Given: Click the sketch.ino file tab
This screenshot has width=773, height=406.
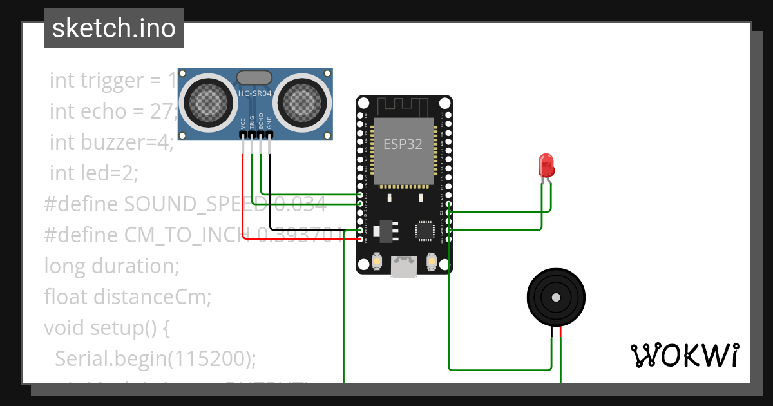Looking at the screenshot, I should pos(113,28).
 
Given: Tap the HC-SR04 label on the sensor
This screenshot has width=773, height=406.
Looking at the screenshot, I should pos(254,93).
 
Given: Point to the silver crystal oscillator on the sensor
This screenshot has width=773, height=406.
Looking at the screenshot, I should pos(254,78).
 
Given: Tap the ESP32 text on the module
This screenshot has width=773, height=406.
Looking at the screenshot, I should pos(403,144).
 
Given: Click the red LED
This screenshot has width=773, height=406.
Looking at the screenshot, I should pos(546,165).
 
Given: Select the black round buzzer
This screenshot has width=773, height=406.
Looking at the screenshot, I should pos(556,297).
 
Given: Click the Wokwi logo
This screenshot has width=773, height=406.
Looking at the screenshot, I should pos(684,355).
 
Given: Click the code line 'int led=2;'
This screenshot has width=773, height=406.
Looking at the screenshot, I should pos(94,173).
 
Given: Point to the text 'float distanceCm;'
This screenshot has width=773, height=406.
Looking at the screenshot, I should pos(128,296).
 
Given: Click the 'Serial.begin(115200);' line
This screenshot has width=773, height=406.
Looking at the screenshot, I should pos(155,358).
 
